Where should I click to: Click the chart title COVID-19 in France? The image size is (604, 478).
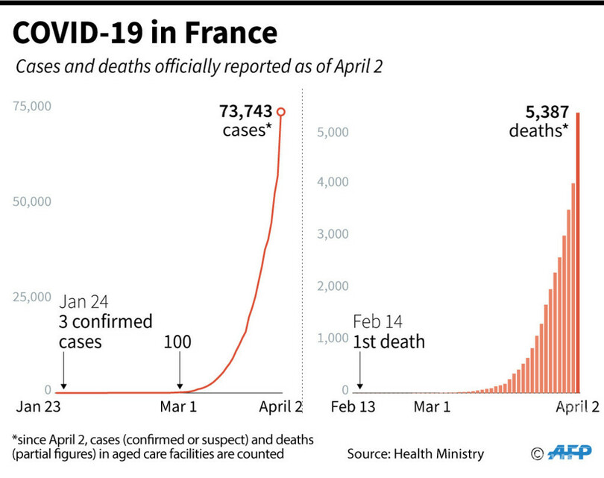[x=145, y=34]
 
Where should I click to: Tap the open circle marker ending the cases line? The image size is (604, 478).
[x=281, y=112]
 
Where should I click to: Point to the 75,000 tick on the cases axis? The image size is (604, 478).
[x=32, y=106]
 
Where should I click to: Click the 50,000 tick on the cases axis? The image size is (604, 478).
[x=32, y=201]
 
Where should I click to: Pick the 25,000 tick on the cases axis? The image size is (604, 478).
[x=32, y=297]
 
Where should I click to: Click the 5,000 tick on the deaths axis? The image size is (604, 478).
[x=334, y=132]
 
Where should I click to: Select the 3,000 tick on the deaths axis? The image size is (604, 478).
[x=334, y=234]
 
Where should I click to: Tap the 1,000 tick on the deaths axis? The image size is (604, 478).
[x=334, y=338]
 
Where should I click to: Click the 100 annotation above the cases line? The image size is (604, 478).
[x=177, y=342]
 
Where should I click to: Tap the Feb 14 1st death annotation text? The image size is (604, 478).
[x=388, y=333]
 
